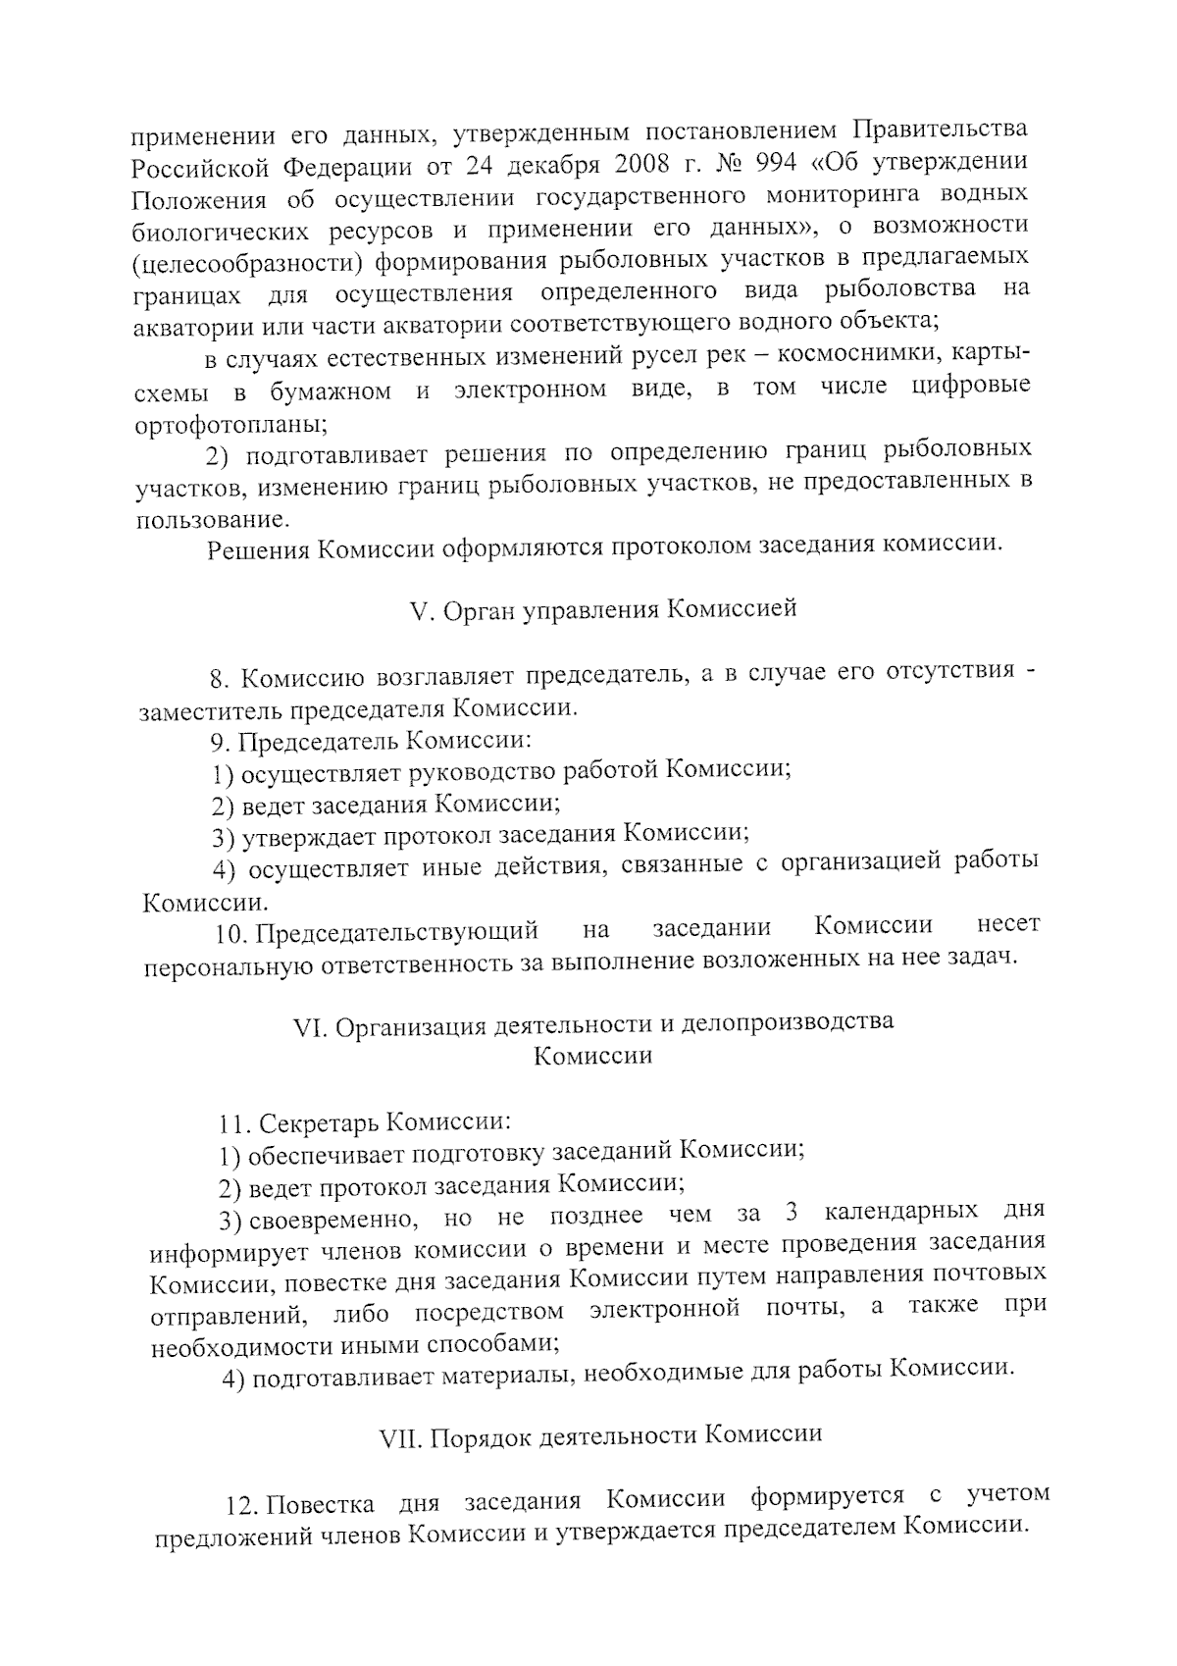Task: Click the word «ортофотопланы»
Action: [231, 425]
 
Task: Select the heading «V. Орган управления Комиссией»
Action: [601, 609]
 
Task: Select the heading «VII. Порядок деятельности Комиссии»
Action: [600, 1435]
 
